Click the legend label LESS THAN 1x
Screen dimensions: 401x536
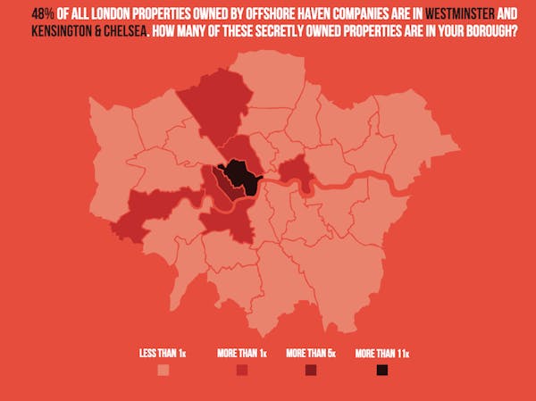pyautogui.click(x=163, y=353)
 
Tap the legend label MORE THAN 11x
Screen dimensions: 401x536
pyautogui.click(x=381, y=353)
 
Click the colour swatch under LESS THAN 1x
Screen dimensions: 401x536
pyautogui.click(x=163, y=371)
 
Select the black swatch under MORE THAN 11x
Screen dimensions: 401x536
pyautogui.click(x=381, y=371)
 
